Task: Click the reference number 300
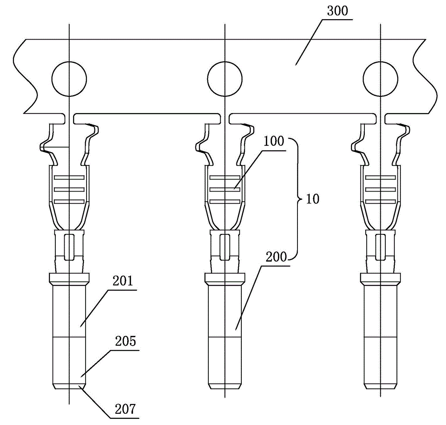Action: pyautogui.click(x=337, y=11)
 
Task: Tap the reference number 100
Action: pyautogui.click(x=274, y=141)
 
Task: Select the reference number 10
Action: pyautogui.click(x=313, y=199)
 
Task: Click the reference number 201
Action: pyautogui.click(x=123, y=281)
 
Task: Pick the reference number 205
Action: pyautogui.click(x=125, y=341)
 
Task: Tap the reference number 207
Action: pyautogui.click(x=125, y=409)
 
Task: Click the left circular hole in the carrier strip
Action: pyautogui.click(x=69, y=79)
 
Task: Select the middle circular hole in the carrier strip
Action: pyautogui.click(x=225, y=79)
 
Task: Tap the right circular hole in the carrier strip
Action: pyautogui.click(x=380, y=79)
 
